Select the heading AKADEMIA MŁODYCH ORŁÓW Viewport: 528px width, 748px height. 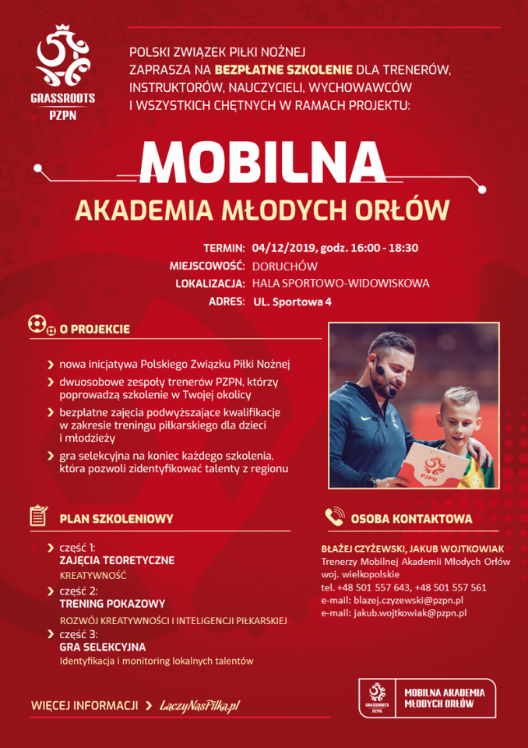click(x=262, y=209)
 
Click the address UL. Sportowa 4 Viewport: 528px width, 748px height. click(x=292, y=302)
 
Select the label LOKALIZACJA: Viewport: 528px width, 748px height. click(x=210, y=284)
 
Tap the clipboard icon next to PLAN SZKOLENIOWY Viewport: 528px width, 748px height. click(x=39, y=517)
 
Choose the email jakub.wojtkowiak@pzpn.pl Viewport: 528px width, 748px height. click(x=410, y=613)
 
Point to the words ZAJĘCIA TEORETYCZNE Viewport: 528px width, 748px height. click(x=117, y=560)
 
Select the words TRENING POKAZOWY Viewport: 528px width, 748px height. click(x=112, y=604)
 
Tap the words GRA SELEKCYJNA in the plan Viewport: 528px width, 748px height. click(x=102, y=647)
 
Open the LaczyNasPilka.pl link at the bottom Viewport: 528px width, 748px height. click(x=199, y=705)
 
